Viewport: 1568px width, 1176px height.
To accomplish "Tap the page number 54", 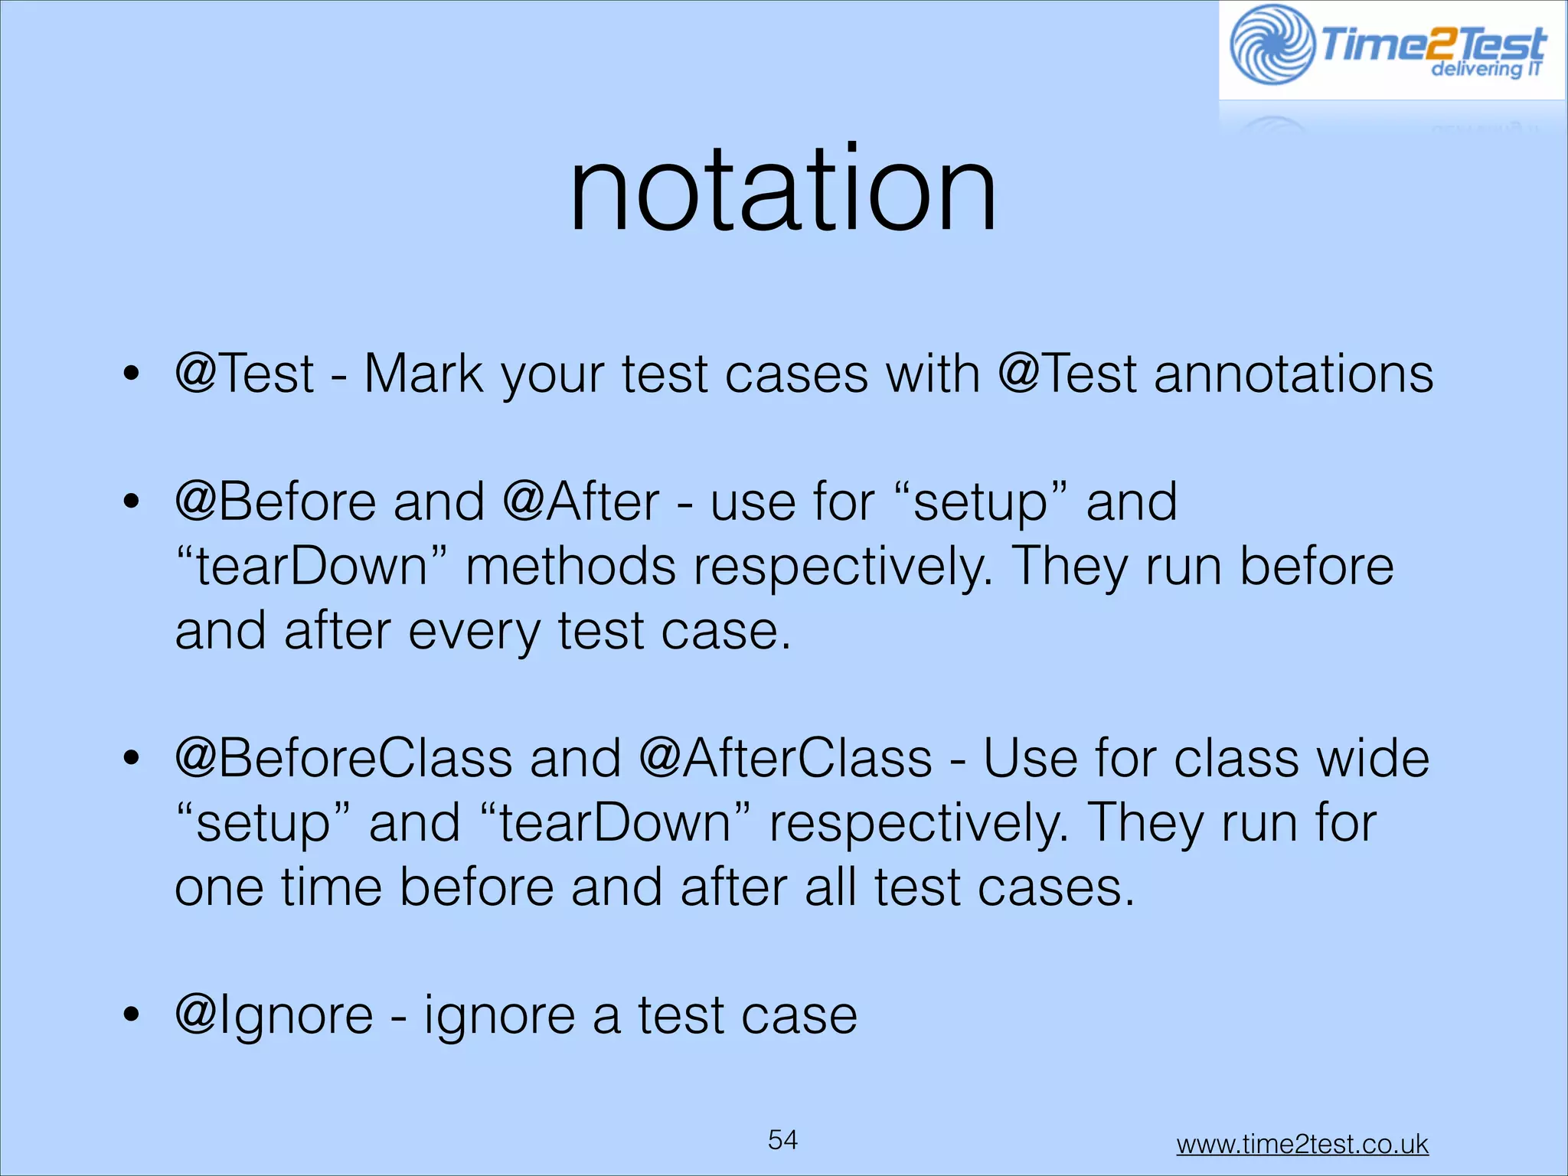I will [782, 1139].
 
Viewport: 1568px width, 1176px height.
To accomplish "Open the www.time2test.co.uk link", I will [1302, 1144].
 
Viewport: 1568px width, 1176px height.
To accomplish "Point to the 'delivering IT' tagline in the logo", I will [1485, 69].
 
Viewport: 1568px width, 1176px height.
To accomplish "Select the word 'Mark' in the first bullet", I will [423, 374].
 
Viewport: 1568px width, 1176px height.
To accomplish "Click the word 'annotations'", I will [1293, 374].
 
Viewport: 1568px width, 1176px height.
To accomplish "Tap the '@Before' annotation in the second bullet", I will [276, 502].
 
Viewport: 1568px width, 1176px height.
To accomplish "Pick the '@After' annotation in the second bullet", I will [581, 502].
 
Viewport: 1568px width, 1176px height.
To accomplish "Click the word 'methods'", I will [570, 567].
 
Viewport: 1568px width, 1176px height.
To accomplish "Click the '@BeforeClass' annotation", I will [343, 759].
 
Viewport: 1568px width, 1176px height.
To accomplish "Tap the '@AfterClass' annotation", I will [785, 759].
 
